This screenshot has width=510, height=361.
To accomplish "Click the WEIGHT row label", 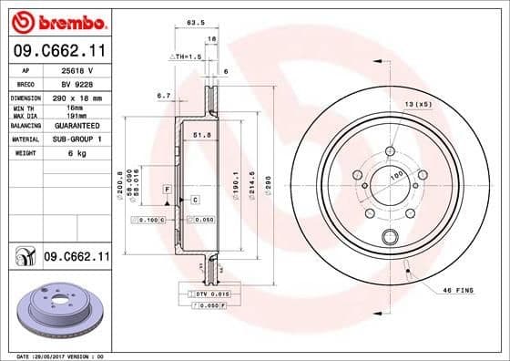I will (x=21, y=153).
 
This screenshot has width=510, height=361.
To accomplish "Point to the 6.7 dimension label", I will (x=164, y=95).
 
